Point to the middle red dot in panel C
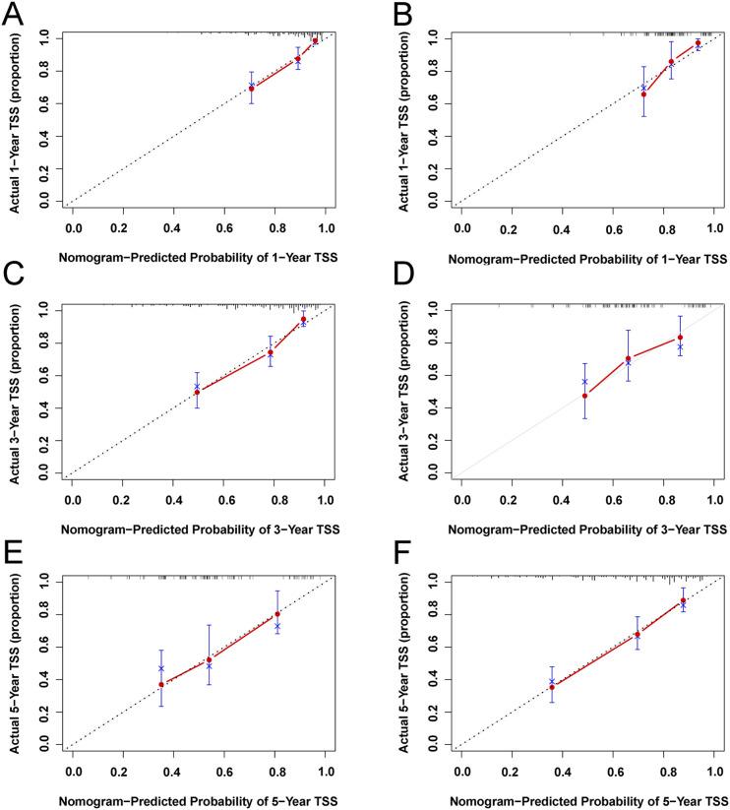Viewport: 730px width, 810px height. tap(271, 352)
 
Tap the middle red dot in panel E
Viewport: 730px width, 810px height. tap(209, 659)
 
